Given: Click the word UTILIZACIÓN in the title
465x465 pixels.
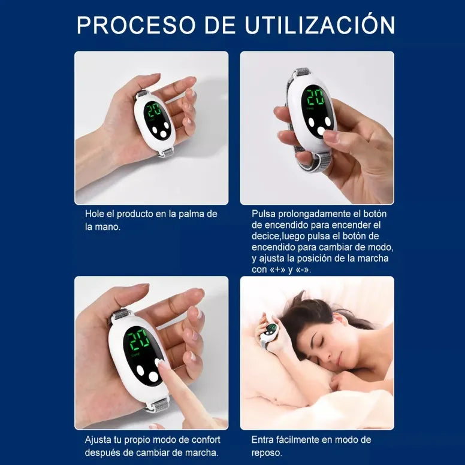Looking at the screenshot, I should [319, 25].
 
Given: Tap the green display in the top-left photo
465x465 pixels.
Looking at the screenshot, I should [155, 111].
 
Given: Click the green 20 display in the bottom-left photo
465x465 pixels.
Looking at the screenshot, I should [139, 341].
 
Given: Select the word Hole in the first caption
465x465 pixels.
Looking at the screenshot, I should [95, 214].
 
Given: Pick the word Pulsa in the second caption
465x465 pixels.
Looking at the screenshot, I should [264, 214].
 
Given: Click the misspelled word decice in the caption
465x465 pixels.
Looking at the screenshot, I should [265, 236].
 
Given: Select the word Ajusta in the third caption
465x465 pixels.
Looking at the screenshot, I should [98, 439].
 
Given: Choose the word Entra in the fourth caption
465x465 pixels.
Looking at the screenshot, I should [264, 439].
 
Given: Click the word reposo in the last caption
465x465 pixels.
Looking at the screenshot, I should [267, 452].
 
